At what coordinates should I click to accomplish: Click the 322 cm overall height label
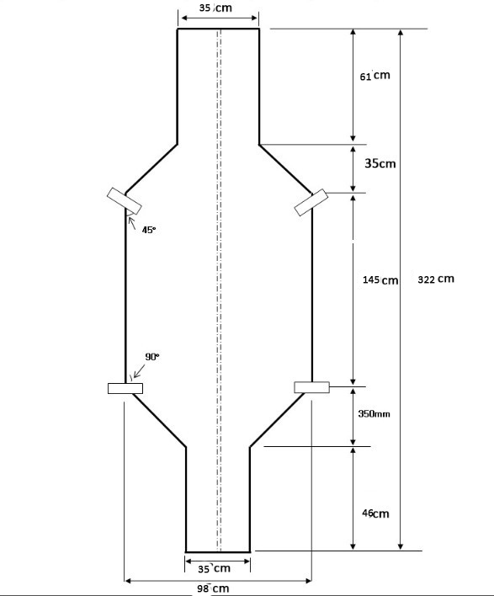(436, 279)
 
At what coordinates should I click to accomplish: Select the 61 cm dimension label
(374, 76)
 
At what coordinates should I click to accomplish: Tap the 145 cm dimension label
(380, 280)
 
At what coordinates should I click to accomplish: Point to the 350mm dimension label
(374, 413)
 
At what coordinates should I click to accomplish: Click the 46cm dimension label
(375, 514)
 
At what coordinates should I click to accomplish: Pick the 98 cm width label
(213, 588)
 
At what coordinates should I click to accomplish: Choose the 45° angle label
(149, 230)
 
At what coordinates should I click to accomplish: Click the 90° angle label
(152, 357)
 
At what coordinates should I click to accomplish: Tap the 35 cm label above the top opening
(215, 8)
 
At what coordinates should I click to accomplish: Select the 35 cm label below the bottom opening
(214, 568)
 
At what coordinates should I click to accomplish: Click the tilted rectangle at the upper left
(125, 201)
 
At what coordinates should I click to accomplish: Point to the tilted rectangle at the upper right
(311, 202)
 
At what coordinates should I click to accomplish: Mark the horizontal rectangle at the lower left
(125, 388)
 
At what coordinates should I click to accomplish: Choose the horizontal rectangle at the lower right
(312, 387)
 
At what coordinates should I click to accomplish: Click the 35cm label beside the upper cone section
(380, 163)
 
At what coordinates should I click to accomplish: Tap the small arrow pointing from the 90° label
(139, 371)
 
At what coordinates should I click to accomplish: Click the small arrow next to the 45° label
(132, 223)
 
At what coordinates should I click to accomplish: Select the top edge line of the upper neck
(218, 29)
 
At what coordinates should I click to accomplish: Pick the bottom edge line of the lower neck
(218, 552)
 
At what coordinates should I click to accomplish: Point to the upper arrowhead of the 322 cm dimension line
(400, 32)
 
